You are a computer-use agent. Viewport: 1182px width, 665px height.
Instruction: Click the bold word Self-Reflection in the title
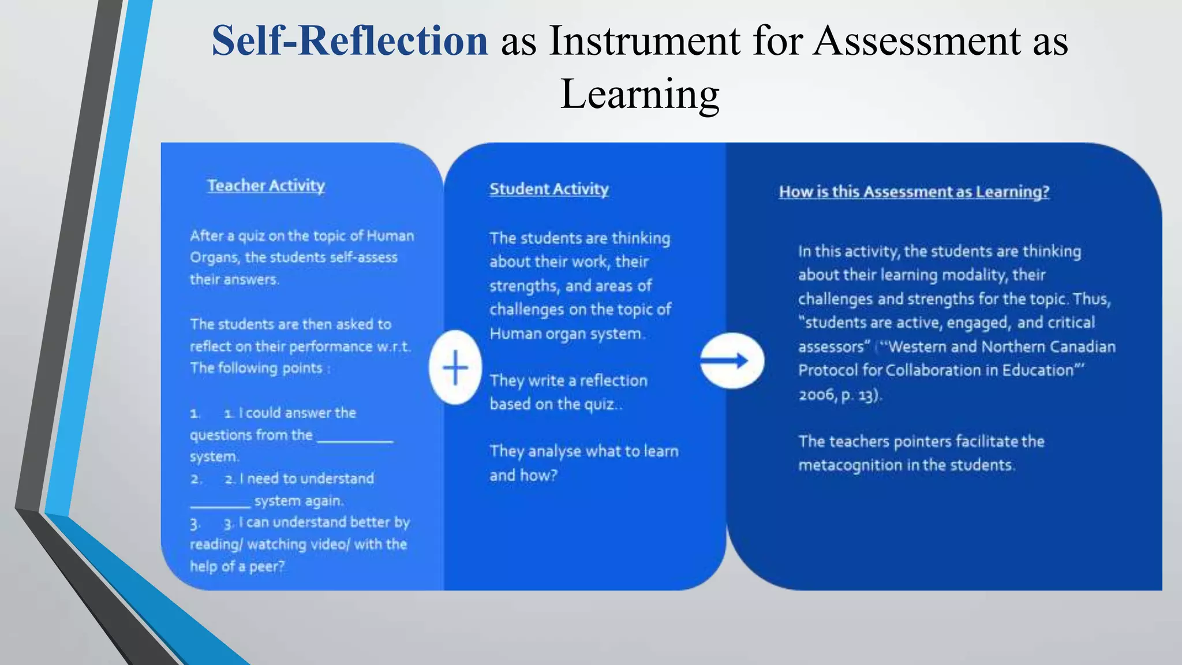coord(350,42)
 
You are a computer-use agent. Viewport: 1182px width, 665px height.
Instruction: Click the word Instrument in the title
coord(644,42)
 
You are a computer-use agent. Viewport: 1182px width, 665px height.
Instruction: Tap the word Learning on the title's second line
coord(639,94)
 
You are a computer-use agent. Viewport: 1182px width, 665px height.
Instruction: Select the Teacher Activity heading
coord(266,186)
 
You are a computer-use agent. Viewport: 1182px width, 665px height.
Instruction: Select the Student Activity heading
coord(549,189)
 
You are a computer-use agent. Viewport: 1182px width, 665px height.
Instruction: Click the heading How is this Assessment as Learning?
coord(914,192)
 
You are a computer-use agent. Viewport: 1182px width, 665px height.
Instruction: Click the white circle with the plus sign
coord(455,368)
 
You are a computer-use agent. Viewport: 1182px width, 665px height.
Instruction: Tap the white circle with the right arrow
coord(732,361)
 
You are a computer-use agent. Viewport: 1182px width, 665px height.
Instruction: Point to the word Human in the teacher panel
coord(390,236)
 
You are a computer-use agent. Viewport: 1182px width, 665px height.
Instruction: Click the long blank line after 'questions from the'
coord(355,440)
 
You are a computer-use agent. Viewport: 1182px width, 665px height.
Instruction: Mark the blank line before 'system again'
coord(220,506)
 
